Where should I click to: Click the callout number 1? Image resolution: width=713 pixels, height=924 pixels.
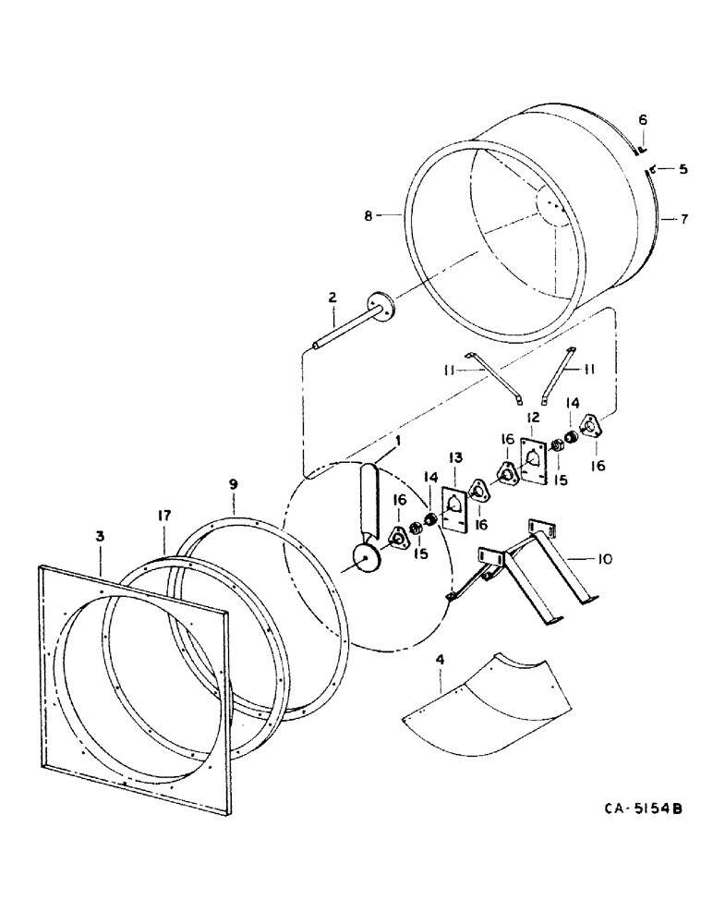[397, 442]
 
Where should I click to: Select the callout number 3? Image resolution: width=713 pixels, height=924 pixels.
[99, 536]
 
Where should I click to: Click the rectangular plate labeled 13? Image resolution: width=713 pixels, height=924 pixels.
[456, 507]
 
